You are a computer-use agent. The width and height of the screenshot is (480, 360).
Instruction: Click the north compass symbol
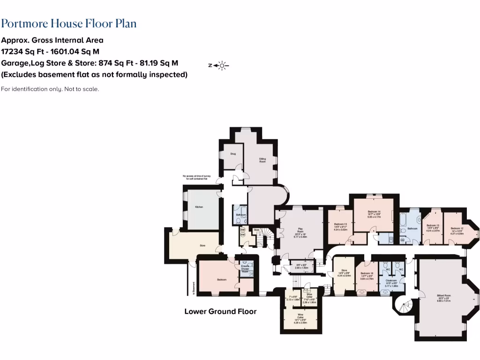point(218,66)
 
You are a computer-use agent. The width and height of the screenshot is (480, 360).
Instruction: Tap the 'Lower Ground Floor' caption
point(220,311)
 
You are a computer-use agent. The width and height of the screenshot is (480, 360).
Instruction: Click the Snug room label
point(232,153)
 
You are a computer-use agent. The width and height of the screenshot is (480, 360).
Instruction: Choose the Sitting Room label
point(262,160)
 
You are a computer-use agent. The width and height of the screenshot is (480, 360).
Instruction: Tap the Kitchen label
point(199,207)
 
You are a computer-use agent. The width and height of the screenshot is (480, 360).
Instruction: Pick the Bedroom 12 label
point(457,228)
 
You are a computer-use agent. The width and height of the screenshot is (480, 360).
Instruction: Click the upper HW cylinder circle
point(243,230)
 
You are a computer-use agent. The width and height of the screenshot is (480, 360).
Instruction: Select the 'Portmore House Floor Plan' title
point(69,23)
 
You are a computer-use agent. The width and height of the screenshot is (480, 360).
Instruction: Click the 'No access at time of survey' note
point(200,177)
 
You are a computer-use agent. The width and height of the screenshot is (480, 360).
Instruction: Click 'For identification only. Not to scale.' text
point(50,89)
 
